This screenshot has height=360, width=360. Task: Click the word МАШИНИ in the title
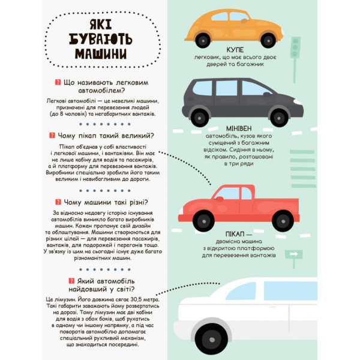tap(100, 53)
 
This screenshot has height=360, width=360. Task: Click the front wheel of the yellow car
tap(267, 40)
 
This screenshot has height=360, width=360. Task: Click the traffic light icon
tap(295, 47)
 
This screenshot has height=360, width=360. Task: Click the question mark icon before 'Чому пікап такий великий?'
tap(52, 135)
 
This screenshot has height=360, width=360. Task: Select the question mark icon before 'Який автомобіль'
tap(52, 281)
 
